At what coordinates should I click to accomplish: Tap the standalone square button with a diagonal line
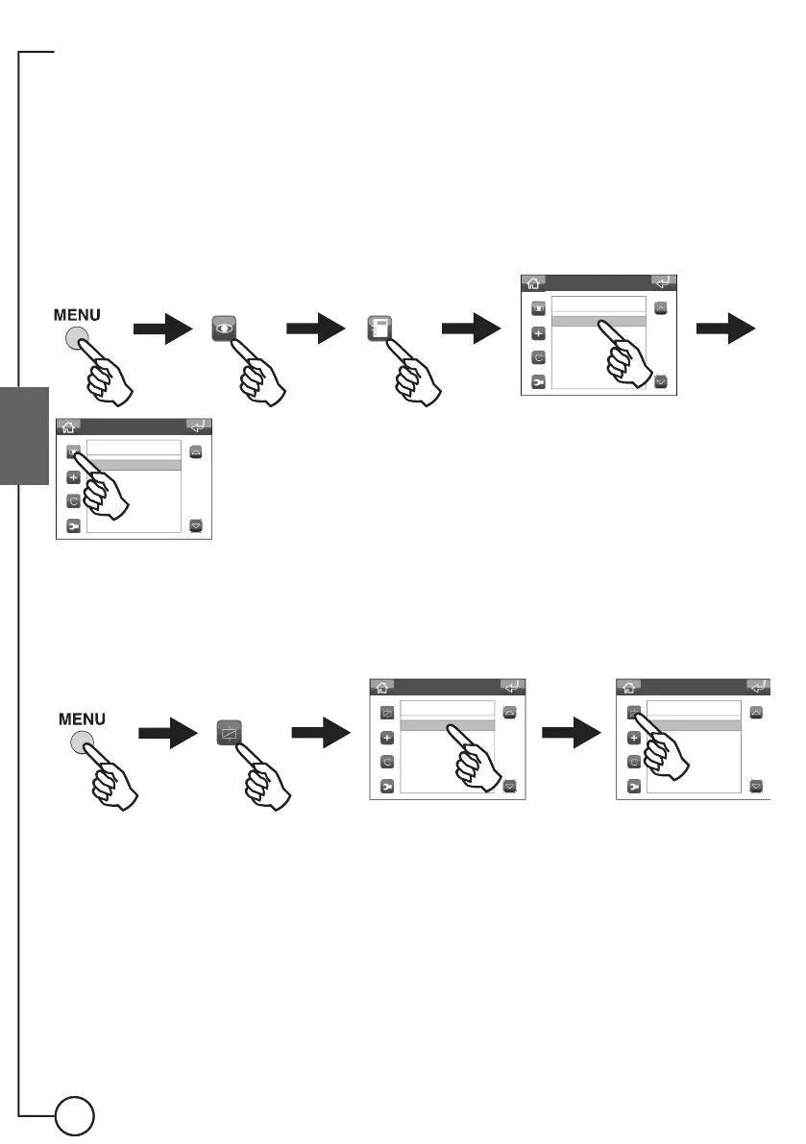click(229, 733)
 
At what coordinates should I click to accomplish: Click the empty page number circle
click(74, 1116)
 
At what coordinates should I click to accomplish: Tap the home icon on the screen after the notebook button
click(533, 283)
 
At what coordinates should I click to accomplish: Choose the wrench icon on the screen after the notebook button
click(539, 381)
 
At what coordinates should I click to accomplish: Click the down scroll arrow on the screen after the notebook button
click(661, 381)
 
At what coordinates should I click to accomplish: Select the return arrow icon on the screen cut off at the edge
click(759, 687)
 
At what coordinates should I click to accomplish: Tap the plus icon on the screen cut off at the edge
click(633, 738)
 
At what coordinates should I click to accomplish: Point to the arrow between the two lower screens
click(569, 734)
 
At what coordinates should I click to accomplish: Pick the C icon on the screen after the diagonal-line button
click(387, 762)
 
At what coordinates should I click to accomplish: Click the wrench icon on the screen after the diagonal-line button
click(387, 786)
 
